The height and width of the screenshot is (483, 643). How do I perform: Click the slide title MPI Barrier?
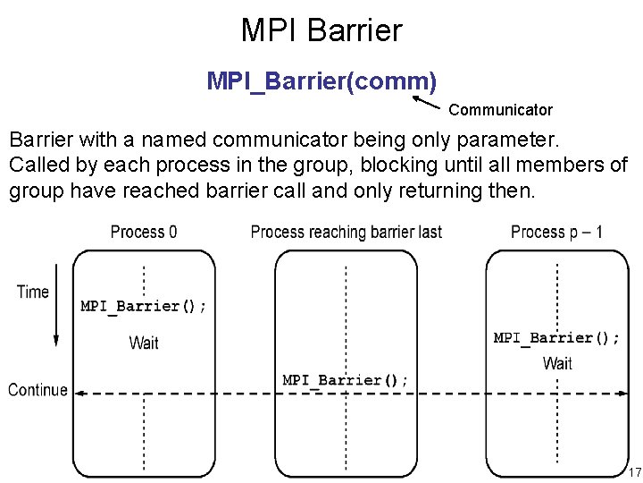(x=321, y=30)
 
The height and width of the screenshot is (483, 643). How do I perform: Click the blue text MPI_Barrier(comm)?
(x=321, y=81)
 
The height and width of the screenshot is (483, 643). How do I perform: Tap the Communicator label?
(x=500, y=110)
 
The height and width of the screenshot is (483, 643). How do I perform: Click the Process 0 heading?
(x=144, y=232)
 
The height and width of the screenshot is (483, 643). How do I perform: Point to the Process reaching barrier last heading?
(x=347, y=232)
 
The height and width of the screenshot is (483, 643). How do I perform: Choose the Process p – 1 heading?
(x=556, y=232)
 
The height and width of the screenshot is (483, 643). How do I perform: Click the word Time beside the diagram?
(x=33, y=292)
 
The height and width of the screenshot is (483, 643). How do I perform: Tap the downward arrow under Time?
(x=55, y=322)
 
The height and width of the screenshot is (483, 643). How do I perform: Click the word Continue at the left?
(x=38, y=390)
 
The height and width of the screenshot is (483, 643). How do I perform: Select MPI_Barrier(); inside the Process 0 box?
(x=144, y=306)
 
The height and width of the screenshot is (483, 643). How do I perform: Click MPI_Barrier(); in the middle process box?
(x=346, y=380)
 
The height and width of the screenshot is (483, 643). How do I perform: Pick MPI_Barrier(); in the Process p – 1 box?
(x=556, y=338)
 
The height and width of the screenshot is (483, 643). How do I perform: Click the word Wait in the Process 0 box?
(x=144, y=343)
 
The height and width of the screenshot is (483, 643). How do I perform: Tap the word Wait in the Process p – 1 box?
(x=557, y=363)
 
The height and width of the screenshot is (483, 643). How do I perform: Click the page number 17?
(x=634, y=472)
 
